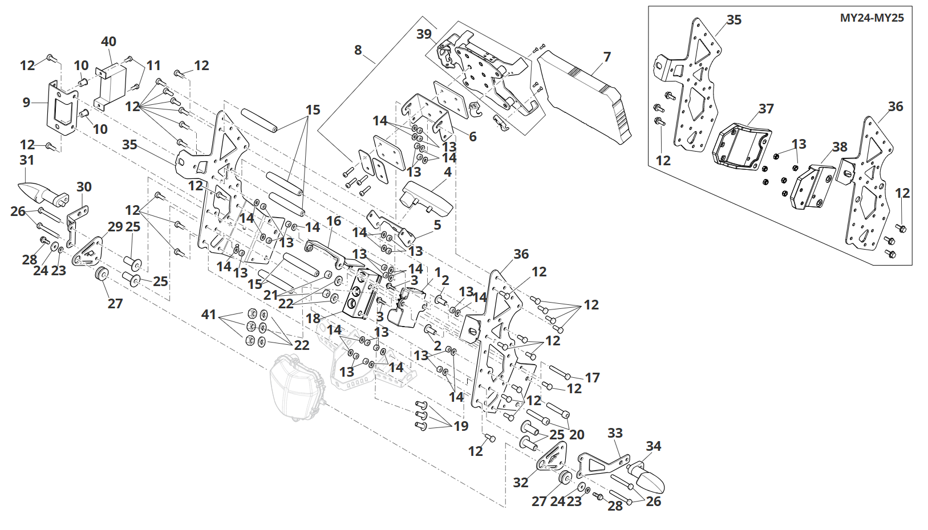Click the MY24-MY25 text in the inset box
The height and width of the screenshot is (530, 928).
tap(872, 18)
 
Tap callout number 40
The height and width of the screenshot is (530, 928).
tap(108, 42)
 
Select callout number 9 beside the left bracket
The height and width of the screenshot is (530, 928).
tap(26, 103)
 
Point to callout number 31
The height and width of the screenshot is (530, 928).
tap(27, 160)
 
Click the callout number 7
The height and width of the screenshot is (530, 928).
tap(607, 57)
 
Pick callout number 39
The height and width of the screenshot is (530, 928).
tap(424, 34)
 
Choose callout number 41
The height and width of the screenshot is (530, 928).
tap(209, 315)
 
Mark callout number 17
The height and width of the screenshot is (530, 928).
tap(592, 378)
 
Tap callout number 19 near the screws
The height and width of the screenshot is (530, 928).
tap(461, 426)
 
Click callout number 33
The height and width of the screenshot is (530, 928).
tap(615, 433)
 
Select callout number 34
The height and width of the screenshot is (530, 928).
tap(654, 446)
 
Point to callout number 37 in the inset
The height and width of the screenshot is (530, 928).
tap(766, 109)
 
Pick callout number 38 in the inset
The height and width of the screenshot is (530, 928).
tap(840, 147)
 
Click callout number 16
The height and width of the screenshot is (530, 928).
tap(334, 221)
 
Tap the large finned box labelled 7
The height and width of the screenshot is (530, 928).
tap(585, 97)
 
